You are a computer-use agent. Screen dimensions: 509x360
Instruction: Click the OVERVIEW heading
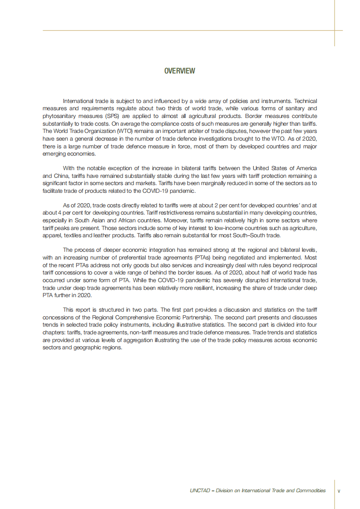click(x=180, y=71)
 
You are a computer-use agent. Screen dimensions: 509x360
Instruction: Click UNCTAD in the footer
click(x=198, y=490)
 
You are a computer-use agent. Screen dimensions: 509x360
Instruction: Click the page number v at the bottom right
click(x=339, y=491)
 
